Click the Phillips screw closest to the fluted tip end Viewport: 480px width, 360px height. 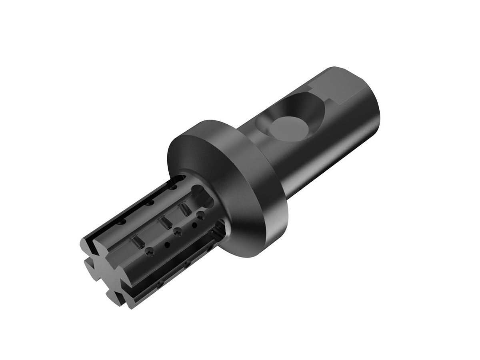[150, 251]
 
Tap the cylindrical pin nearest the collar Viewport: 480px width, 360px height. [185, 208]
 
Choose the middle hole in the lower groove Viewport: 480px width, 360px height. [187, 264]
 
